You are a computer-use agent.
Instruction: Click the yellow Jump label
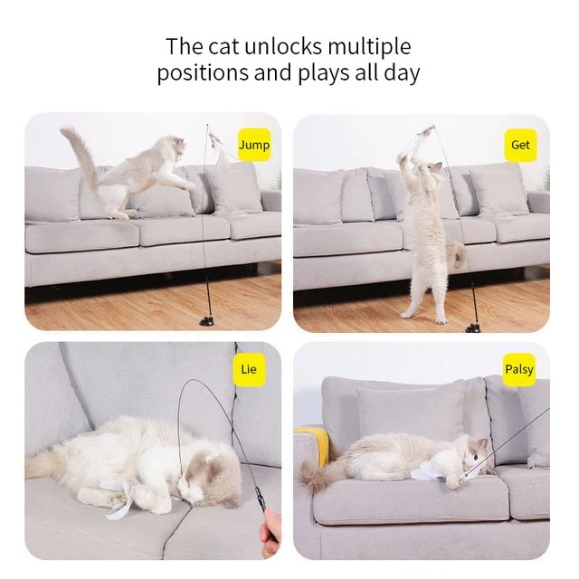254,145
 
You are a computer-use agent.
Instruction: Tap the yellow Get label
520,145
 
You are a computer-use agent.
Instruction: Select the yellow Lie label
249,369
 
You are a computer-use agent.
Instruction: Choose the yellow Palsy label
519,369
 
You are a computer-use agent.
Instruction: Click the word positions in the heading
202,73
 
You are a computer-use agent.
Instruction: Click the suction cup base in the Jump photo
206,319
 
